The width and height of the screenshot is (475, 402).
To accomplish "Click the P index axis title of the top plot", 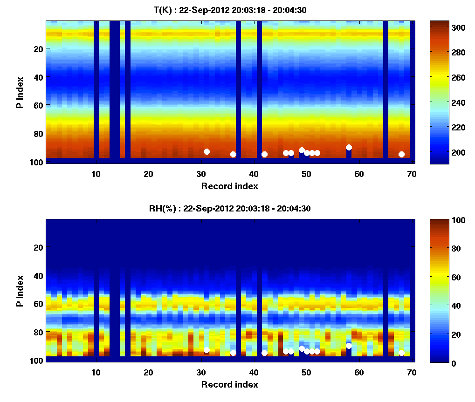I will [x=20, y=92].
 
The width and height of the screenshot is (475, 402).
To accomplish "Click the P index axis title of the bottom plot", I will [x=20, y=290].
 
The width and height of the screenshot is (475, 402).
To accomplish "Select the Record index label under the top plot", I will [x=230, y=186].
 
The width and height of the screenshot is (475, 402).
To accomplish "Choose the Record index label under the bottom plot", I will [x=230, y=384].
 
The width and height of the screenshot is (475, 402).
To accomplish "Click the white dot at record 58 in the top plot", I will [x=349, y=147].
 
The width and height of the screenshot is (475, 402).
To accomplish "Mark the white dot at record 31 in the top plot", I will [x=207, y=151].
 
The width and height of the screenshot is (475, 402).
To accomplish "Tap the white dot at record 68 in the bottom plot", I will [x=401, y=353].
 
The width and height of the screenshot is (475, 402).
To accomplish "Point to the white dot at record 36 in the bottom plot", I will [x=233, y=353].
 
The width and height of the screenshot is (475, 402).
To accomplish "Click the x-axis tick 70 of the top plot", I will [x=412, y=174].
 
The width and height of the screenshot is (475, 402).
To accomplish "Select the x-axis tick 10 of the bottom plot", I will [x=96, y=372].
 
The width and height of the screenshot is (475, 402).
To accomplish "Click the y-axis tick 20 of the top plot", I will [x=39, y=48].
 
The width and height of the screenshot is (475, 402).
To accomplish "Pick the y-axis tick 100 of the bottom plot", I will [x=37, y=360].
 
